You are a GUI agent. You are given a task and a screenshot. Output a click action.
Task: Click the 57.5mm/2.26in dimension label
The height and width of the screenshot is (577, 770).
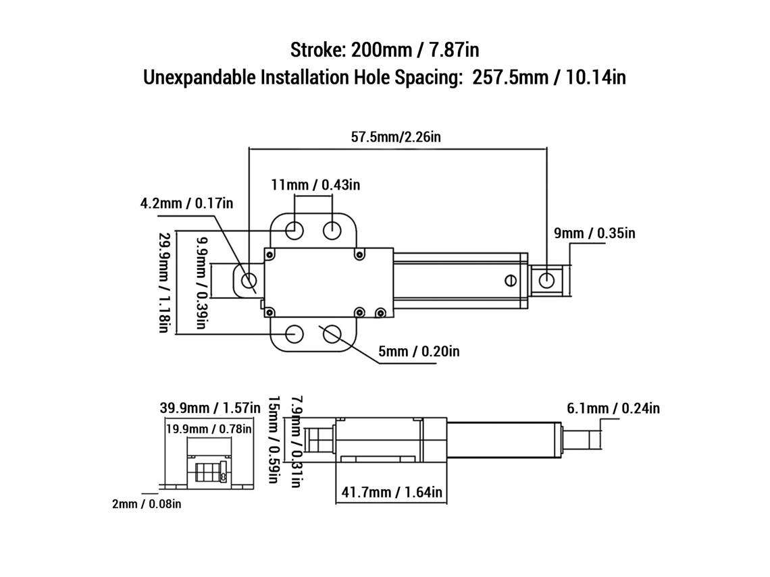(x=396, y=137)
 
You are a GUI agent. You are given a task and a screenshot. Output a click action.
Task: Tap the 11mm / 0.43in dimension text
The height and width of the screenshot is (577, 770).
(x=315, y=185)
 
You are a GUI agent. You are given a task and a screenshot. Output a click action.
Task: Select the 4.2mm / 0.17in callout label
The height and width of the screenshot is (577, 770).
(x=186, y=203)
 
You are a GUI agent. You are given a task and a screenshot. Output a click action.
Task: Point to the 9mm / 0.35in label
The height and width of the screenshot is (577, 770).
(x=594, y=233)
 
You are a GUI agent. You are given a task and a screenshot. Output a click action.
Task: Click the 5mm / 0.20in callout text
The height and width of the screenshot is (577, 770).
(x=419, y=352)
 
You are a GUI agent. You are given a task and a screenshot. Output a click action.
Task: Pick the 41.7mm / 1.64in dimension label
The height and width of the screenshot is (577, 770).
(x=392, y=492)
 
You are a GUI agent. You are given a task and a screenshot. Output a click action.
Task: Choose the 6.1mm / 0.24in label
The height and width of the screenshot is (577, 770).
(x=613, y=408)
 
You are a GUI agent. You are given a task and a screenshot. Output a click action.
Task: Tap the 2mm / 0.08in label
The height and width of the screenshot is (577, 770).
(x=147, y=504)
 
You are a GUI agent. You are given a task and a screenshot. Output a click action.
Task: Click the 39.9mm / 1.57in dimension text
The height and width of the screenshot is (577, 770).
(x=210, y=408)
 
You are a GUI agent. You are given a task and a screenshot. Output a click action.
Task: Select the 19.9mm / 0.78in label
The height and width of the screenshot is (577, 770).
(x=209, y=429)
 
